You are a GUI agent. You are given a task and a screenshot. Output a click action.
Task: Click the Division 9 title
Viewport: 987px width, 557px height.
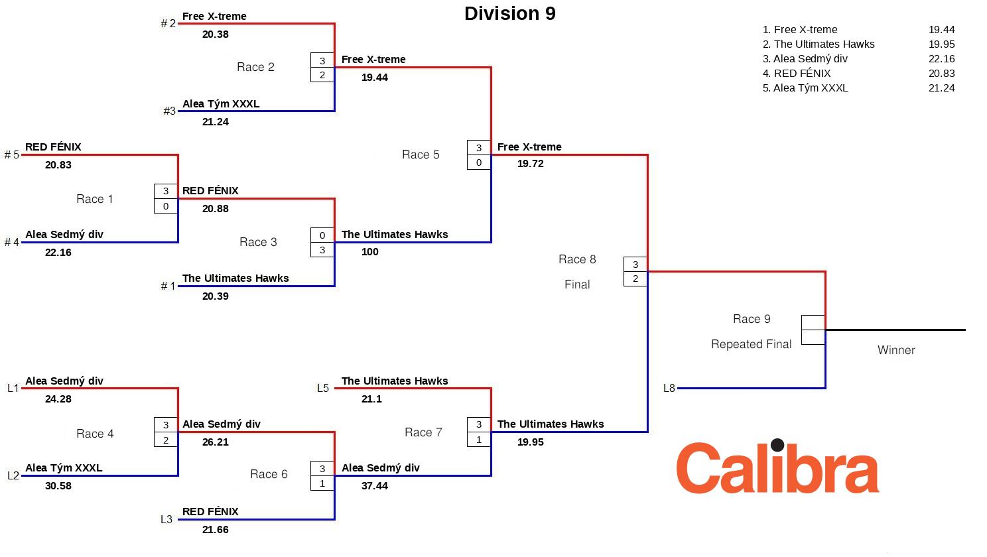tap(509, 14)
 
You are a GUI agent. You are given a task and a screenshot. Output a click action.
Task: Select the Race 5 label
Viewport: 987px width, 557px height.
tap(421, 155)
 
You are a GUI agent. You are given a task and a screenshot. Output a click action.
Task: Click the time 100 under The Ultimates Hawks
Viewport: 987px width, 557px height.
tap(370, 252)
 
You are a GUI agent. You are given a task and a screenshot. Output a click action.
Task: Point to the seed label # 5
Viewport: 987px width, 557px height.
tap(12, 155)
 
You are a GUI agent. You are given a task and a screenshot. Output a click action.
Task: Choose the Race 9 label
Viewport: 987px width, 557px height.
tap(752, 319)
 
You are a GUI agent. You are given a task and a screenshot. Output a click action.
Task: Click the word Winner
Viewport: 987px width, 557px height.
tap(895, 350)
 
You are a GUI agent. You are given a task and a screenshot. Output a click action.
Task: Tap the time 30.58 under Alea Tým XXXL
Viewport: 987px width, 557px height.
tap(58, 486)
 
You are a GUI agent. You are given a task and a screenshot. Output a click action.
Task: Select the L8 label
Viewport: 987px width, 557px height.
tap(669, 389)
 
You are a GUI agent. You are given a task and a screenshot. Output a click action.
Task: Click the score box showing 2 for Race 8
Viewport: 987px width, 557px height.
tap(635, 278)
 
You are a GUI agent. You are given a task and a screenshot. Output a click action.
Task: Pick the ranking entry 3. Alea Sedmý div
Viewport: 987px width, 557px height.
tap(805, 59)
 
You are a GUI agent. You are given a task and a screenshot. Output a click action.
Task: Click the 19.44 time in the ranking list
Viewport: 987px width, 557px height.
tap(941, 30)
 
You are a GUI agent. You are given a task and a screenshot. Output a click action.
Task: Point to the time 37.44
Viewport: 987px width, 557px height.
tap(375, 486)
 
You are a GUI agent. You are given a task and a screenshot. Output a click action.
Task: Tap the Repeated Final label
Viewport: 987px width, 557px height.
tap(751, 344)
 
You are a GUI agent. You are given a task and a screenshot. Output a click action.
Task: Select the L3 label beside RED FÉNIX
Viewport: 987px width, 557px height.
tap(166, 520)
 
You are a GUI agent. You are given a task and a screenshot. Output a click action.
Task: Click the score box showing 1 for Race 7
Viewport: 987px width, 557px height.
tap(479, 440)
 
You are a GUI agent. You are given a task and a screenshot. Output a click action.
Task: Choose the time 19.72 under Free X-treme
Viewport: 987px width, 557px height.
tap(531, 164)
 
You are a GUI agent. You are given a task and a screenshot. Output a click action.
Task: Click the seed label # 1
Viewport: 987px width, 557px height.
tap(168, 286)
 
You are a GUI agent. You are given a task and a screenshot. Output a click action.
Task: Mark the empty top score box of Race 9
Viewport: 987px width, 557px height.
tap(813, 322)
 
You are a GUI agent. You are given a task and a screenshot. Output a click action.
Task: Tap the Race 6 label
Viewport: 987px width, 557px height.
tap(269, 474)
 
